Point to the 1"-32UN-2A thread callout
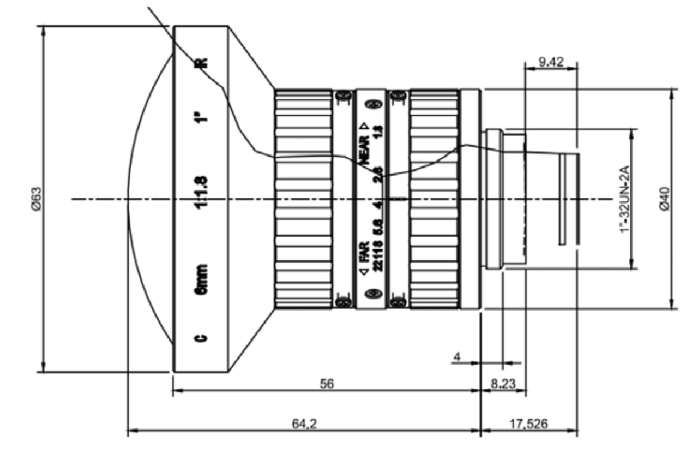[x=625, y=199]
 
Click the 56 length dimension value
[x=327, y=384]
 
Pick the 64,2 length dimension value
[x=304, y=424]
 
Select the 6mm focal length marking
[x=201, y=280]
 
